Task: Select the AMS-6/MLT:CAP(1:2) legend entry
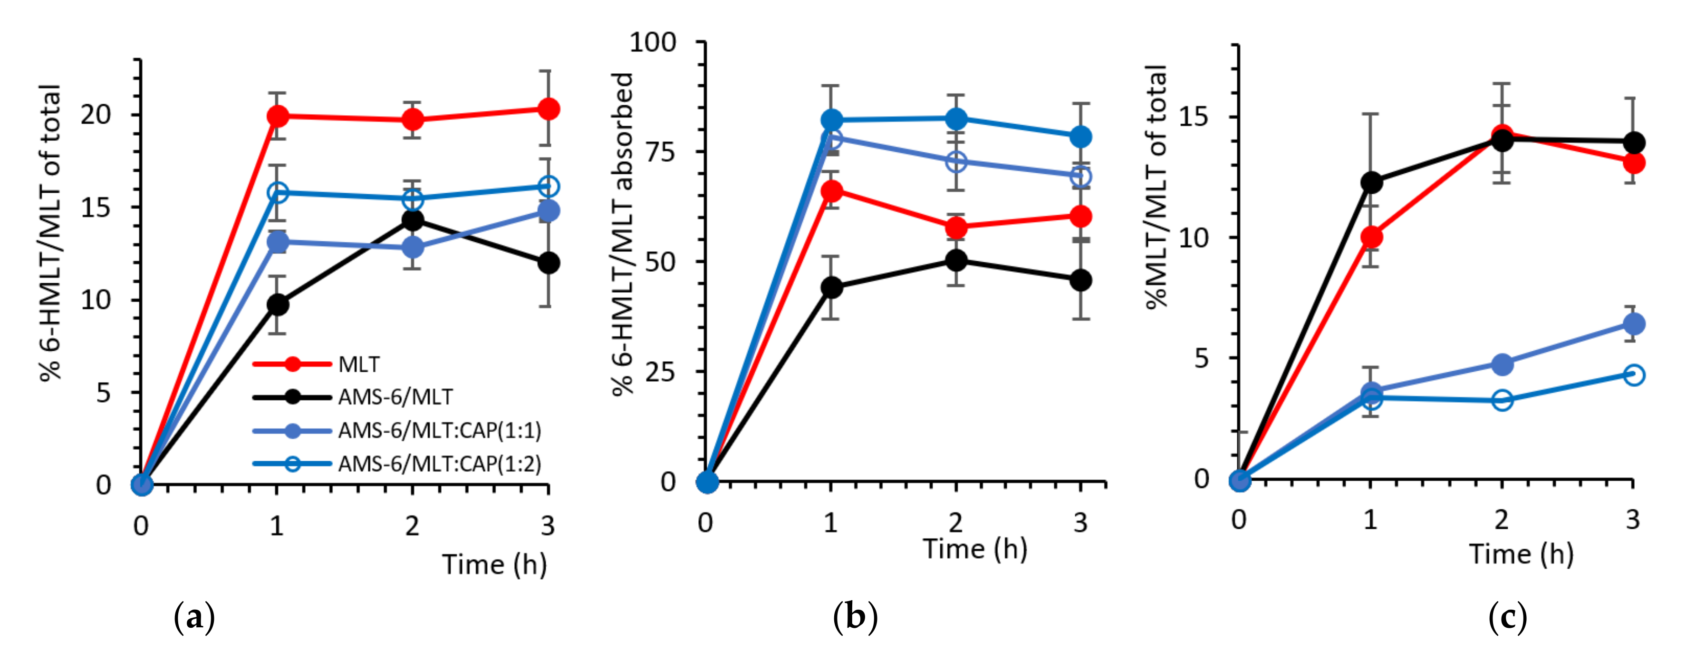tap(439, 464)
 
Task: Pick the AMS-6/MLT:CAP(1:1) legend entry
tap(439, 431)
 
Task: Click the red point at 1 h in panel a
tap(278, 116)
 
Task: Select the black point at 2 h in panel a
tap(413, 220)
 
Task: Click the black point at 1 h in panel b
tap(831, 287)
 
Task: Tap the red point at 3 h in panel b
tap(1080, 216)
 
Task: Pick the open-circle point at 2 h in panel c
tap(1502, 400)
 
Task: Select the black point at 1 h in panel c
tap(1371, 182)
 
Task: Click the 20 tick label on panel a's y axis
tap(96, 115)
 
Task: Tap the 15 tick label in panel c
tap(1194, 117)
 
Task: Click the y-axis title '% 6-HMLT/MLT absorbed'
tap(622, 234)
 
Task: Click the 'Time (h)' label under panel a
tap(494, 564)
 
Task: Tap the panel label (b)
tap(855, 617)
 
